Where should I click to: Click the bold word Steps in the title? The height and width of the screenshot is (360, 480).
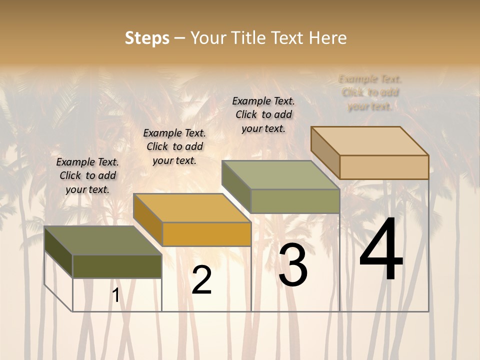point(147,38)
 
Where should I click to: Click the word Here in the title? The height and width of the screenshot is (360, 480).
point(328,38)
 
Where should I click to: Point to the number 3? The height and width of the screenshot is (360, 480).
point(293,265)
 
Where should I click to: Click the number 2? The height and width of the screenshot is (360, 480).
point(202,280)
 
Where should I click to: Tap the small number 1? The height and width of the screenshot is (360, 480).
point(116,295)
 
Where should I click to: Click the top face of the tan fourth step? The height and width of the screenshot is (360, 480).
point(370,141)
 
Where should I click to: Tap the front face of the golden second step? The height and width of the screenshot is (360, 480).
point(207,234)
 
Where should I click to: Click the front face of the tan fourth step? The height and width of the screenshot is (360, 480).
point(384,167)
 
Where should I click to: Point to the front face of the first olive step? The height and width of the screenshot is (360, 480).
point(117,266)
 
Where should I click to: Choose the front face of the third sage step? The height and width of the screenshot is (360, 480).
point(295,201)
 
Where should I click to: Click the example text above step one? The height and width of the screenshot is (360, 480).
point(87,175)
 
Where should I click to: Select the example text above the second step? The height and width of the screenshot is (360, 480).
point(174,146)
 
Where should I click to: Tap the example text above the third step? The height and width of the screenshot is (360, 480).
point(263,114)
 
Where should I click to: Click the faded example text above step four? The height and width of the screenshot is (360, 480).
point(370,92)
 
